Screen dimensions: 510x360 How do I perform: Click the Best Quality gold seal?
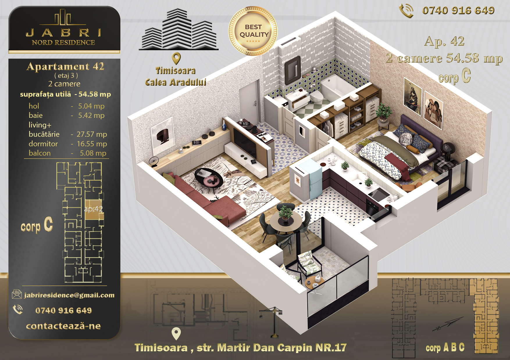[253, 31]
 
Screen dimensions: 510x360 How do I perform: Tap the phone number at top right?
[458, 10]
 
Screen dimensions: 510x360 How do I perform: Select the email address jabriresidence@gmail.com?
[69, 295]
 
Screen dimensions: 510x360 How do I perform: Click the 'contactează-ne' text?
[63, 326]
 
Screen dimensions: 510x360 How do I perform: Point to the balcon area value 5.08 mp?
[93, 153]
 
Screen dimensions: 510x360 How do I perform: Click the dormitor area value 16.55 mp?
[92, 144]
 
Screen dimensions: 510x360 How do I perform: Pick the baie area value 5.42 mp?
[91, 115]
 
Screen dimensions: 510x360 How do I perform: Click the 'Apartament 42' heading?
[65, 66]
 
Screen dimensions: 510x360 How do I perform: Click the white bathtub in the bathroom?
[337, 87]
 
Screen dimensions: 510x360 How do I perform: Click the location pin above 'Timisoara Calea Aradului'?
[176, 58]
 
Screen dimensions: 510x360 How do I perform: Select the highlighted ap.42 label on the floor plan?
[93, 209]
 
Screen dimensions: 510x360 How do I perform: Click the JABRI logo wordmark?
[63, 33]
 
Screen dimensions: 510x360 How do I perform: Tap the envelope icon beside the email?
[17, 294]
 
